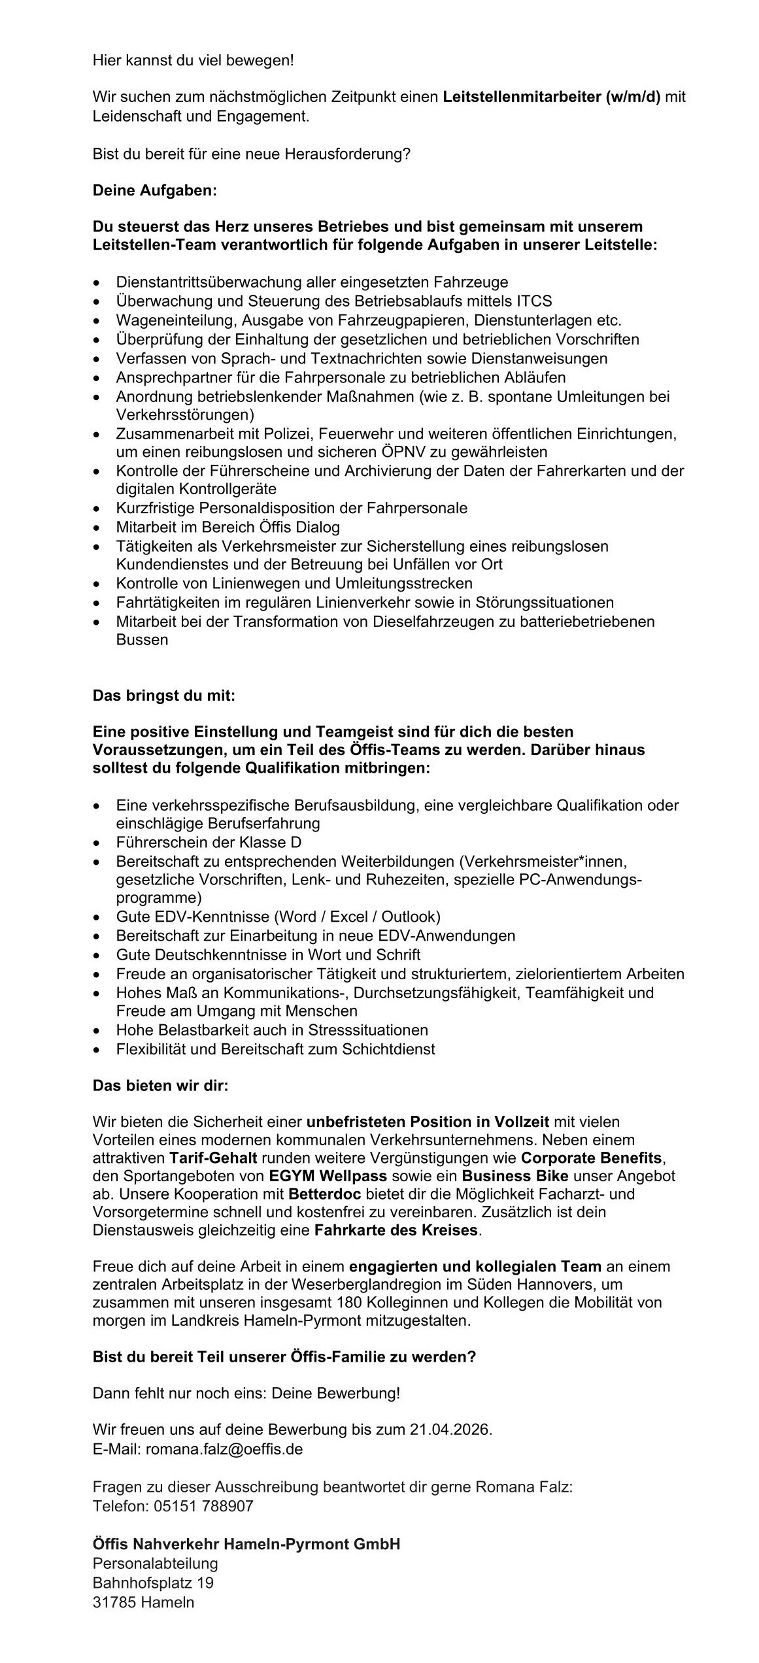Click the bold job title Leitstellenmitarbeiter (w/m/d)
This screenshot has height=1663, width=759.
coord(551,98)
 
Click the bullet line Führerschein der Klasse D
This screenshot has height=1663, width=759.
coord(209,843)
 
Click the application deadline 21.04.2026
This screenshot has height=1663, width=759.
coord(450,1430)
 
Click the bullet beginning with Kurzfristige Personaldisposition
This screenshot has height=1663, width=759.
coord(292,508)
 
